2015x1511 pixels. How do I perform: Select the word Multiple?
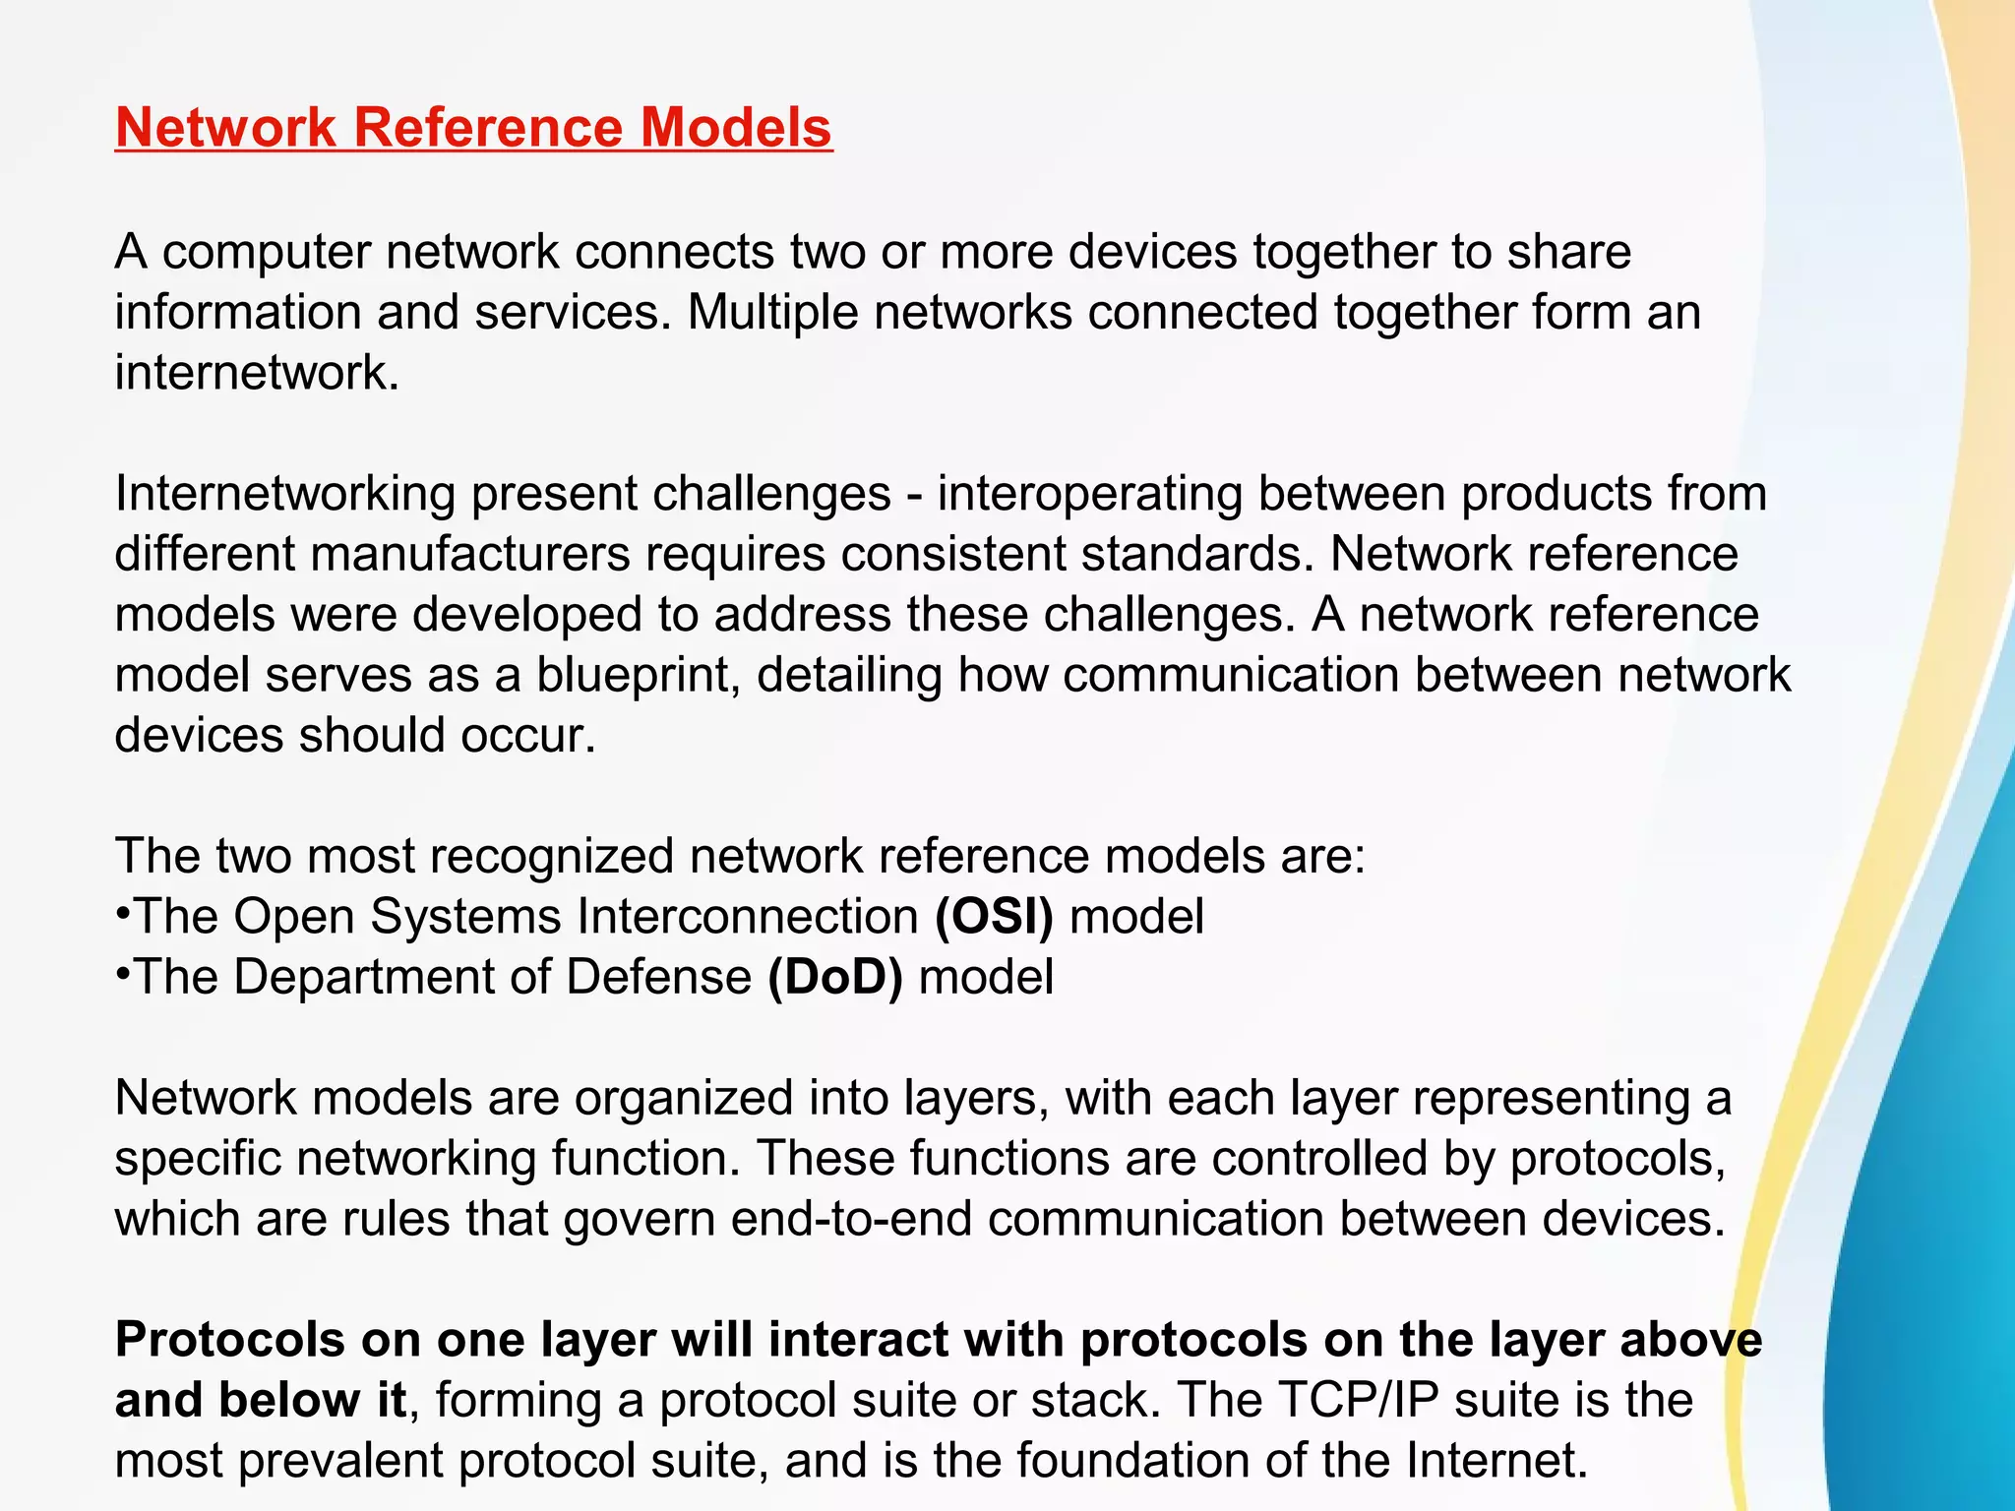[770, 313]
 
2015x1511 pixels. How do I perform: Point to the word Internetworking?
[285, 494]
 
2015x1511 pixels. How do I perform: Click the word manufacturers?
[469, 555]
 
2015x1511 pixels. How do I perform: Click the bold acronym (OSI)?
[994, 917]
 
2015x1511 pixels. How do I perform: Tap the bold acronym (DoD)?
[834, 978]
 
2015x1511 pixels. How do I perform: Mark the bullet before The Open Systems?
[123, 913]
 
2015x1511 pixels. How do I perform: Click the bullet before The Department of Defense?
[123, 974]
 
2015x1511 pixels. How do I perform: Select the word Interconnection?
[748, 917]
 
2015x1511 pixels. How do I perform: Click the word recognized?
[551, 857]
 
